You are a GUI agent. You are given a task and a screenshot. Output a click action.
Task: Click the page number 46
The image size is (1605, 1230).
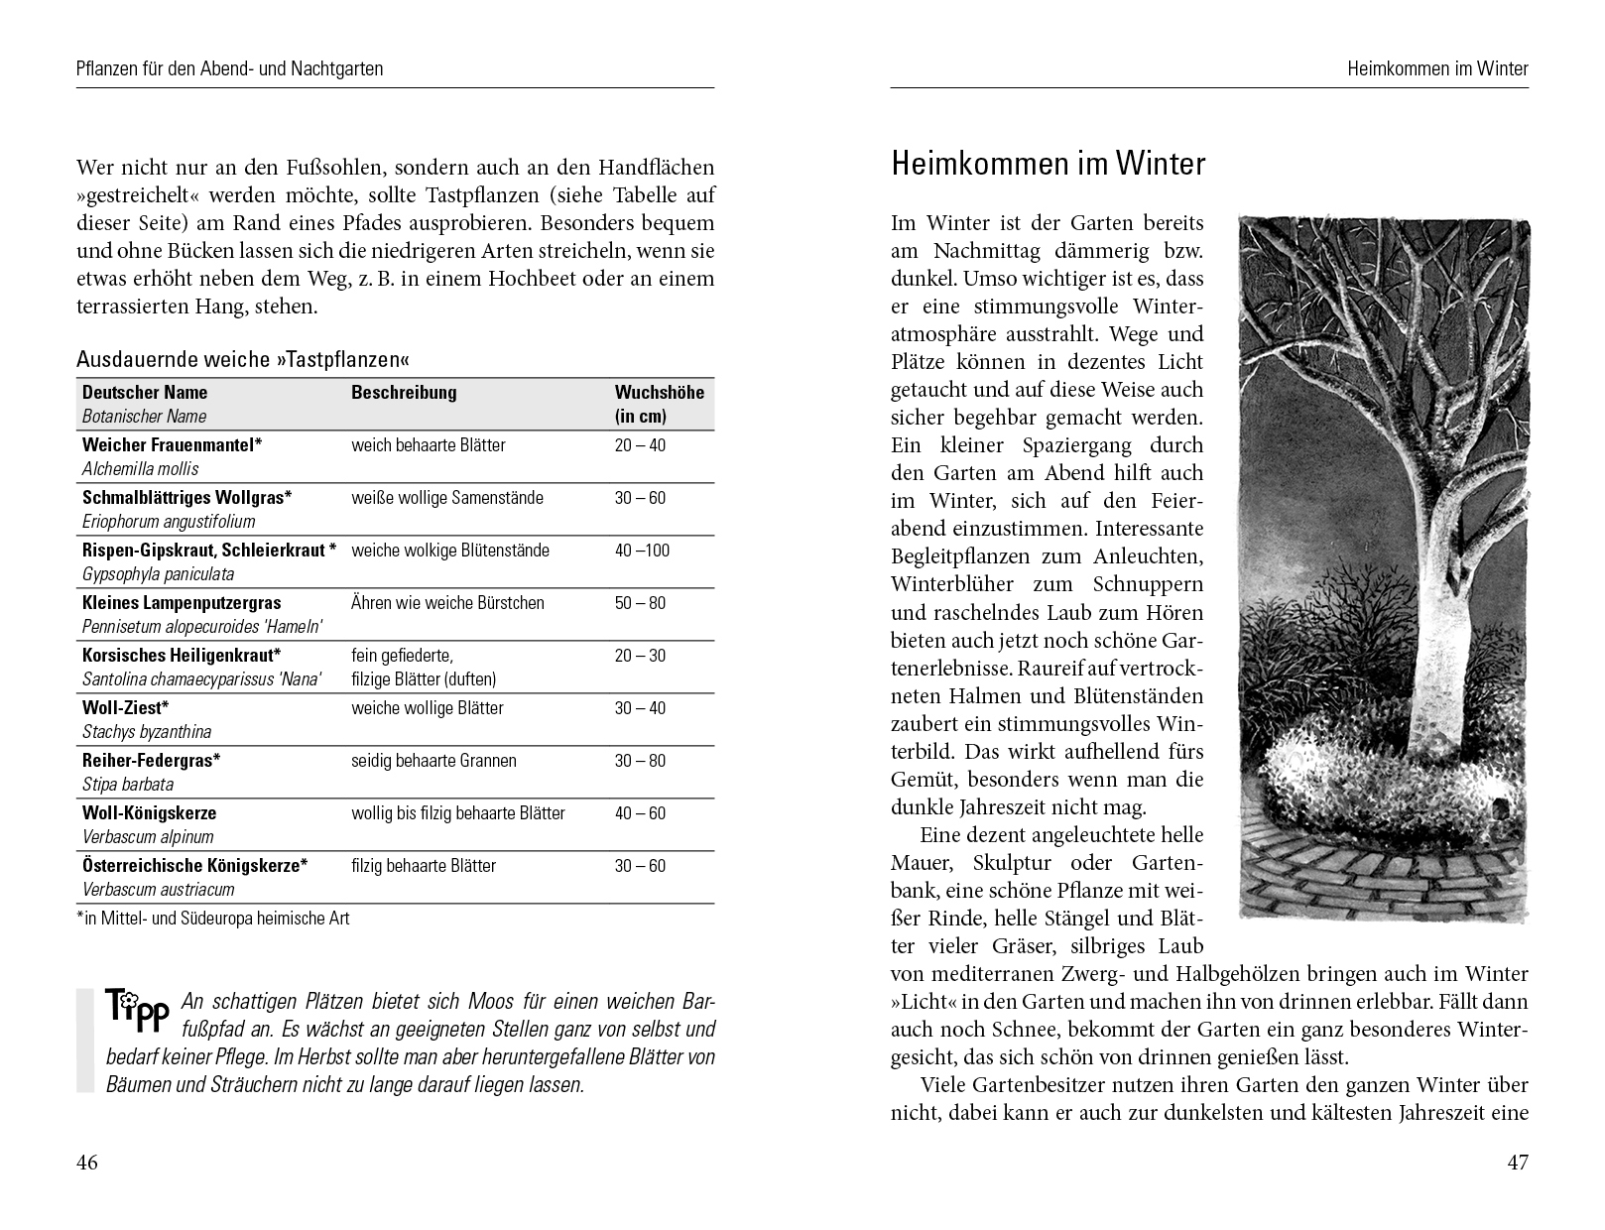87,1163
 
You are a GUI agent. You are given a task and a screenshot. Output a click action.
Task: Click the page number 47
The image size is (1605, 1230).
1518,1163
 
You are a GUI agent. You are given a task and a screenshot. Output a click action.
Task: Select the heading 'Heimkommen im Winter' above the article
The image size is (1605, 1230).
1048,164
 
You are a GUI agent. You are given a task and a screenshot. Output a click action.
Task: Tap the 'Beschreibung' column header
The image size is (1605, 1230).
404,392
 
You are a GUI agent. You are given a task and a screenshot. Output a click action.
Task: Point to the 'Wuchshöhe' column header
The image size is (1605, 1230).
659,393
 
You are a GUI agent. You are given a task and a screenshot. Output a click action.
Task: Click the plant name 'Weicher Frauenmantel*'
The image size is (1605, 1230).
172,445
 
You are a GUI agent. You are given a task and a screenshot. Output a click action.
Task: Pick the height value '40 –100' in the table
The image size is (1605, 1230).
642,551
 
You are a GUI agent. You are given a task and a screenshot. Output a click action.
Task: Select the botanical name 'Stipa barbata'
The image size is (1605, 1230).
128,785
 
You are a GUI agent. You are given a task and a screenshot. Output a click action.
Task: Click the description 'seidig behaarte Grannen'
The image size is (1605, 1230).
433,761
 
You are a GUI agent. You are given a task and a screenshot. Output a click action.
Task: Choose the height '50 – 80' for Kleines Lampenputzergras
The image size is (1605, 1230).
640,603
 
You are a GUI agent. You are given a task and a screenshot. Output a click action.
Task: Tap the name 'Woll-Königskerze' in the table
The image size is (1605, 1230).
149,813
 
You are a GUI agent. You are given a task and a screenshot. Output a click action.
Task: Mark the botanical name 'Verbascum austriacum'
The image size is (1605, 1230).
159,890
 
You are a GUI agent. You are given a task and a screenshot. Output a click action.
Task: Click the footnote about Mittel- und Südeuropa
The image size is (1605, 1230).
213,919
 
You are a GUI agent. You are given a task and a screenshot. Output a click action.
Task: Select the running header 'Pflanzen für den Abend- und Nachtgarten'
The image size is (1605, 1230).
229,69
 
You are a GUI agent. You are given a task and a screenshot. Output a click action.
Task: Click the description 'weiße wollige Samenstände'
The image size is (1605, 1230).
446,498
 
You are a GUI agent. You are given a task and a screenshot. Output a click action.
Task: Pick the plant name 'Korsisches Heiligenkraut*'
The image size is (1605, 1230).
182,656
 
